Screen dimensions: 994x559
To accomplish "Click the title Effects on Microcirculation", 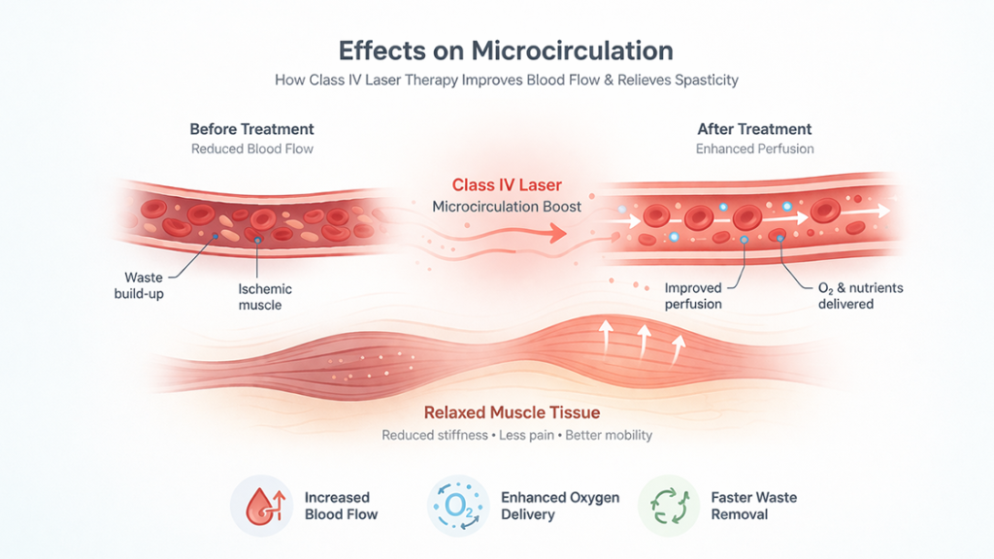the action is [x=505, y=50].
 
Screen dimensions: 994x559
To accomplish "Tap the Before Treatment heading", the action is [x=251, y=129].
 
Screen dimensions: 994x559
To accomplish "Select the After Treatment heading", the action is [x=754, y=129].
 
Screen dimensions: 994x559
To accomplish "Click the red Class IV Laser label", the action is [x=507, y=185].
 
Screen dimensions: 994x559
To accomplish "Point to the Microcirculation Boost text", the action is [x=507, y=207].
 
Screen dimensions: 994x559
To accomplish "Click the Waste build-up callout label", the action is [x=140, y=285].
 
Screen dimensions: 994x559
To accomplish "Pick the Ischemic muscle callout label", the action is [x=264, y=297].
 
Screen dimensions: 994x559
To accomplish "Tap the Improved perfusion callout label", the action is [x=693, y=296].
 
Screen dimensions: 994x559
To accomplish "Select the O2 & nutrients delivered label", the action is [x=860, y=296].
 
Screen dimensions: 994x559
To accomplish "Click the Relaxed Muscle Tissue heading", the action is [x=512, y=412].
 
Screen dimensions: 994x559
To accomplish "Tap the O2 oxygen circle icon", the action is [x=458, y=506].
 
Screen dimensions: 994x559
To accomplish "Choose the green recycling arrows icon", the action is [x=670, y=506].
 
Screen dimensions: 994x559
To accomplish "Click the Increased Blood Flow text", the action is [x=341, y=506].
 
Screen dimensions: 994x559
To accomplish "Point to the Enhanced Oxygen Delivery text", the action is [x=560, y=506].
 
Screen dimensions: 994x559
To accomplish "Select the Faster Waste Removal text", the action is [x=753, y=506].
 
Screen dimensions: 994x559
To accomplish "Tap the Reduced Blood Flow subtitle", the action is [x=252, y=148].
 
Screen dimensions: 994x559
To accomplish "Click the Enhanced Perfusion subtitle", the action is [x=754, y=148].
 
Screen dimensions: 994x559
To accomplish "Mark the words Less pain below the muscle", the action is [x=526, y=436].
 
